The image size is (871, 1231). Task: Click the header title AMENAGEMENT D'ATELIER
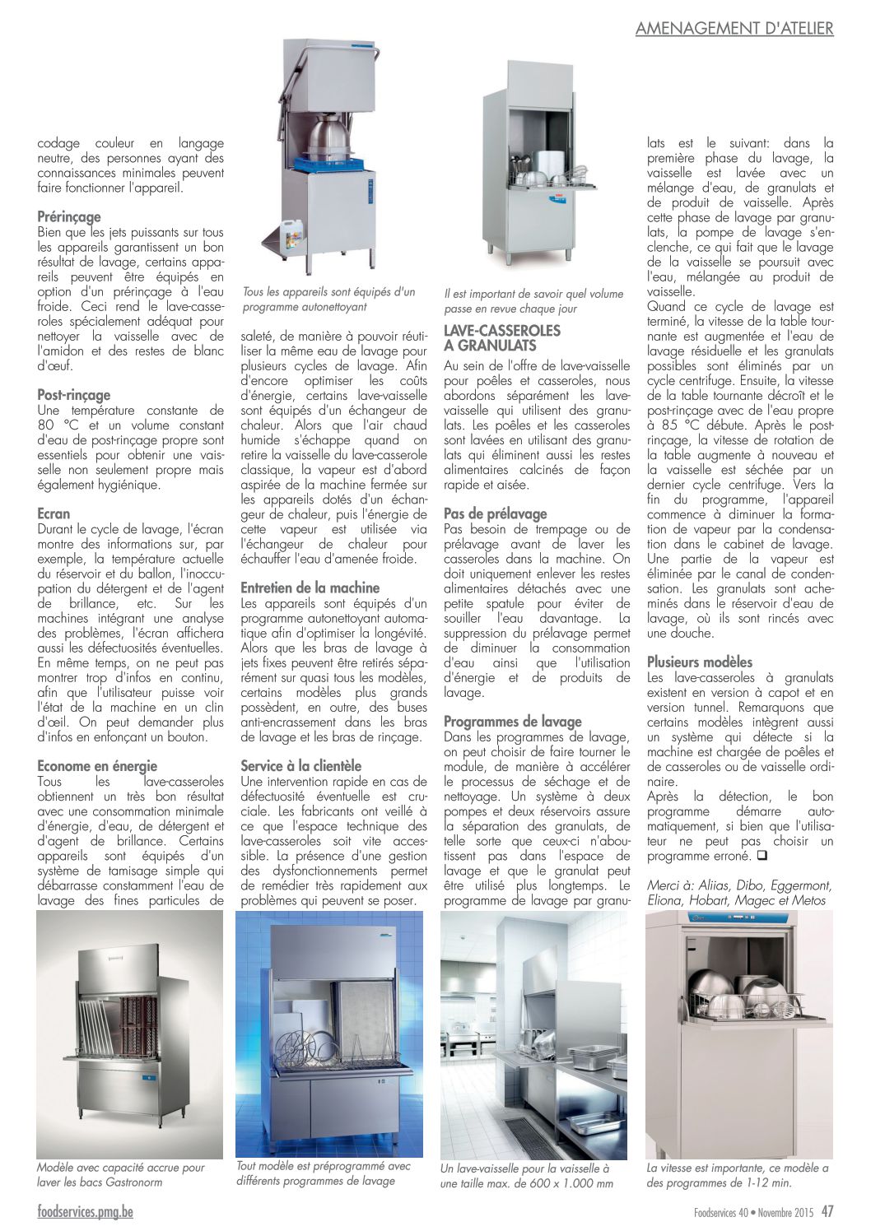pos(734,29)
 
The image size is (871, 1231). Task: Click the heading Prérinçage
pos(69,216)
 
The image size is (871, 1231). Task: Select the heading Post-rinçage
pos(73,395)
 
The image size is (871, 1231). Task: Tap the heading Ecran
pos(54,513)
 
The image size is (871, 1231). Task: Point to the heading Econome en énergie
pos(97,766)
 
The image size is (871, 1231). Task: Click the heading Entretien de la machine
pos(310,588)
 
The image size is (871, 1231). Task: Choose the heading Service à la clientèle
pos(300,766)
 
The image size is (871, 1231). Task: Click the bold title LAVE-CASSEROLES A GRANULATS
pos(501,338)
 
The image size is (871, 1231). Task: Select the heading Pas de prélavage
pos(495,513)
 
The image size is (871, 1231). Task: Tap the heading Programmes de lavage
pos(512,722)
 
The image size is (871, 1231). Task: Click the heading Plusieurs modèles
pos(700,662)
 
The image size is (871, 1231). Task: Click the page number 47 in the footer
pos(827,1211)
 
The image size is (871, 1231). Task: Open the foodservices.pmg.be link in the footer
pos(85,1211)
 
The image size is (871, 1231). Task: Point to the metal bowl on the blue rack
pos(329,136)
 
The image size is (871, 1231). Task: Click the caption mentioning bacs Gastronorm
pos(120,1174)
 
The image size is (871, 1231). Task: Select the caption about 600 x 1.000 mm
pos(526,1176)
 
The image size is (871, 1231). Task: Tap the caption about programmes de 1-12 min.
pos(737,1175)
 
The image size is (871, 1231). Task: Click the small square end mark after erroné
pos(762,856)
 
